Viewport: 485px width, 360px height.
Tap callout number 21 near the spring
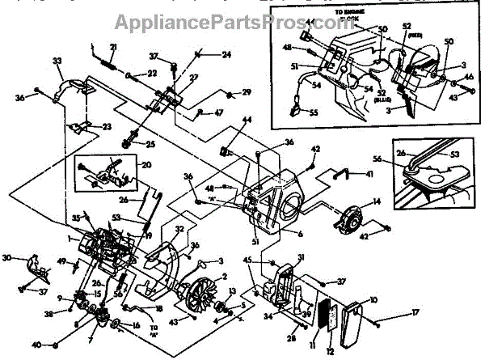(x=113, y=45)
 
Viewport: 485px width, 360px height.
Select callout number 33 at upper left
(x=57, y=61)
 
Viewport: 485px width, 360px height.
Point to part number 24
(x=226, y=55)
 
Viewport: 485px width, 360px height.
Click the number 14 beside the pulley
(x=375, y=201)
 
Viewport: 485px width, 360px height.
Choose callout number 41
(x=369, y=174)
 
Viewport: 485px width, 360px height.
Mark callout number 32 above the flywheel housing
(x=179, y=229)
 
